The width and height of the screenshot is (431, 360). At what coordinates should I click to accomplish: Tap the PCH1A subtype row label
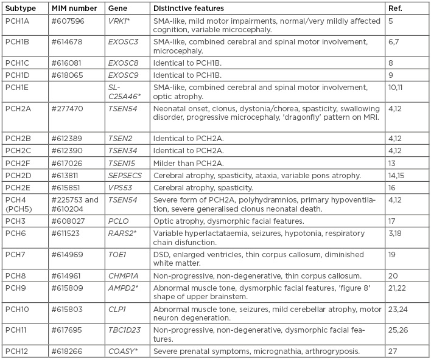(16, 21)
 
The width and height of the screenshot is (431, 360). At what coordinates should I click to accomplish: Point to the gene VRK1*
(119, 21)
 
